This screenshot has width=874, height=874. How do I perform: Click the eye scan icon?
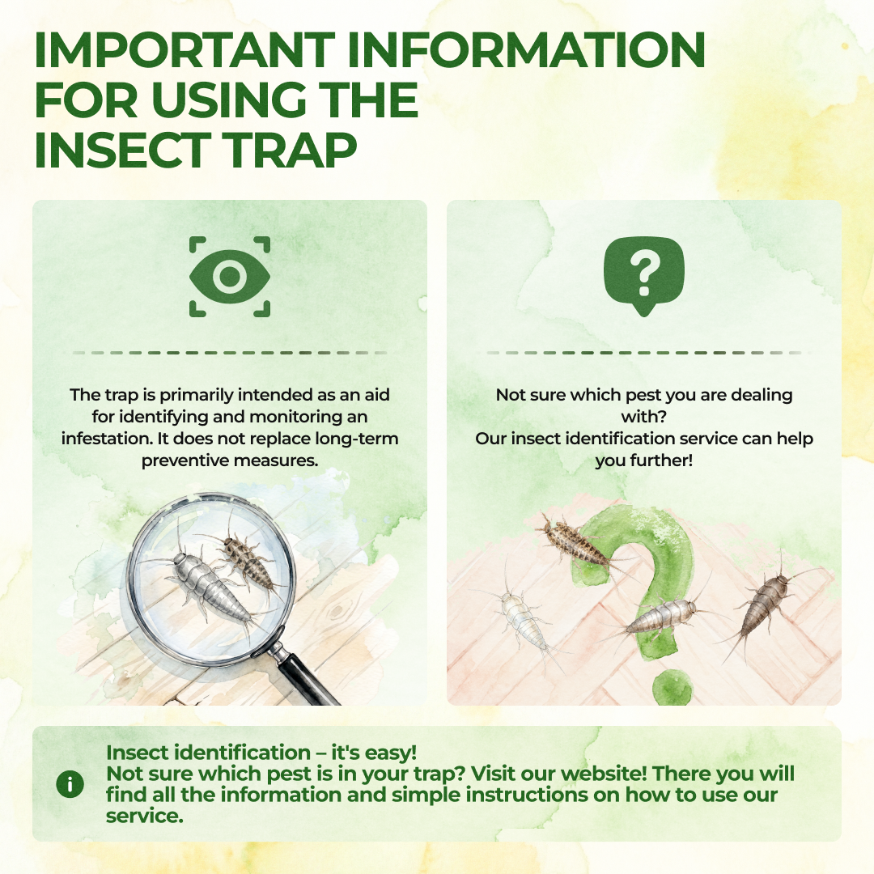coord(230,277)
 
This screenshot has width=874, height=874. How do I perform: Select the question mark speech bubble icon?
coord(644,277)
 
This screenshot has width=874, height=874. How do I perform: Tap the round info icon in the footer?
coord(70,784)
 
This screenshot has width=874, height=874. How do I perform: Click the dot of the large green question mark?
coord(672,687)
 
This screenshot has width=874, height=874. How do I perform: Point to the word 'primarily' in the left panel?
coord(196,395)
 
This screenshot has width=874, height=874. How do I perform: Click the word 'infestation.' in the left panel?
coord(107,439)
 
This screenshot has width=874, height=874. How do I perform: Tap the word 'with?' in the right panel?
coord(644,417)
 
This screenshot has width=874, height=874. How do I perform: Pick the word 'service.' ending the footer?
coord(144,816)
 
